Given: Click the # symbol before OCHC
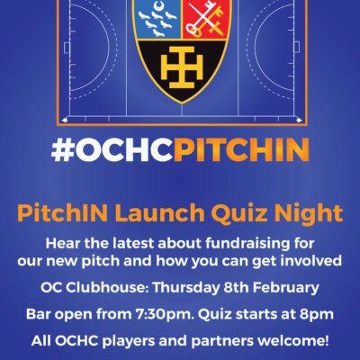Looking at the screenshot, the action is click(x=63, y=149).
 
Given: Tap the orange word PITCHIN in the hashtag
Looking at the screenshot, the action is click(x=241, y=149).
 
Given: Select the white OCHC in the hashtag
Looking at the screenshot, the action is click(x=124, y=149).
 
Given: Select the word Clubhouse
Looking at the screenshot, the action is click(x=106, y=288).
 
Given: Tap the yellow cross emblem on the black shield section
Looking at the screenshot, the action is click(x=182, y=67).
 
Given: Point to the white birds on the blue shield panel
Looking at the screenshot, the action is click(x=157, y=23).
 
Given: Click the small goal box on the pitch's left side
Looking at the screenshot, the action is click(x=67, y=48).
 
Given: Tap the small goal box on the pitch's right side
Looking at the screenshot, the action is click(x=296, y=47).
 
